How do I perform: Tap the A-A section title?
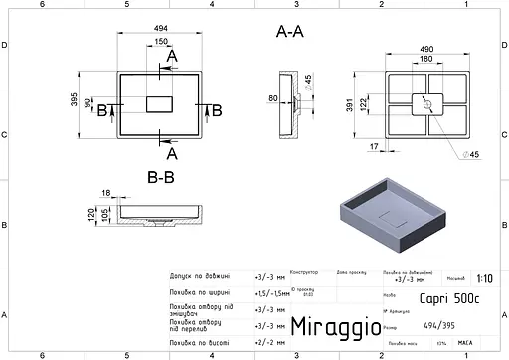(289, 32)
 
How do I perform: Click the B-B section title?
(161, 179)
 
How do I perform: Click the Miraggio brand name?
(332, 326)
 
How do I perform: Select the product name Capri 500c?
(456, 295)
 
